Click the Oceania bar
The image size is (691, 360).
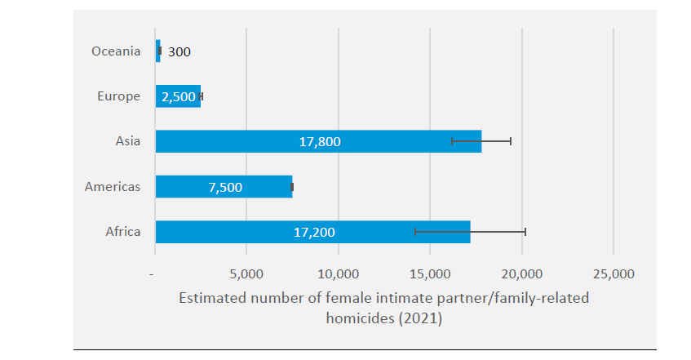(157, 51)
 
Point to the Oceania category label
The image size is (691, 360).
(116, 51)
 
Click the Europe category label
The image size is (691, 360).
(118, 96)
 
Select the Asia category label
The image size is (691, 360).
(128, 141)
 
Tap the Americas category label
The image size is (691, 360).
(113, 187)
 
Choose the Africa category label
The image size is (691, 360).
(123, 232)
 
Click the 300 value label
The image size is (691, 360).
(179, 51)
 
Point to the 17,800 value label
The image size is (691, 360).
(319, 142)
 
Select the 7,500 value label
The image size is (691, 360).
(225, 187)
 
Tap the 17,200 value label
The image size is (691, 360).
(314, 233)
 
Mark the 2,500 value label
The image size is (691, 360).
(179, 96)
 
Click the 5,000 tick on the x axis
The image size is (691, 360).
(246, 273)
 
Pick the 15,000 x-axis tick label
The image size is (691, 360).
(430, 273)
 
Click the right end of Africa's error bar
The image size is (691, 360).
(525, 232)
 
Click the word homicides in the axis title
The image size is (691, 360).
(357, 318)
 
